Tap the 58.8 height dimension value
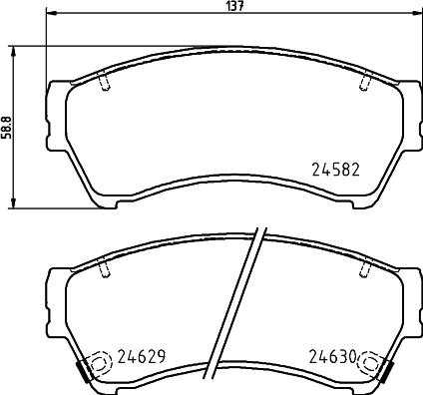(x=6, y=128)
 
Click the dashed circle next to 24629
(x=100, y=364)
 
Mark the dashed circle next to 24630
(x=372, y=364)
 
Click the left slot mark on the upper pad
(x=105, y=81)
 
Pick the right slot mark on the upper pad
(x=366, y=81)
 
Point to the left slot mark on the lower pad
(x=105, y=267)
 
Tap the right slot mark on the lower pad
(x=366, y=267)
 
